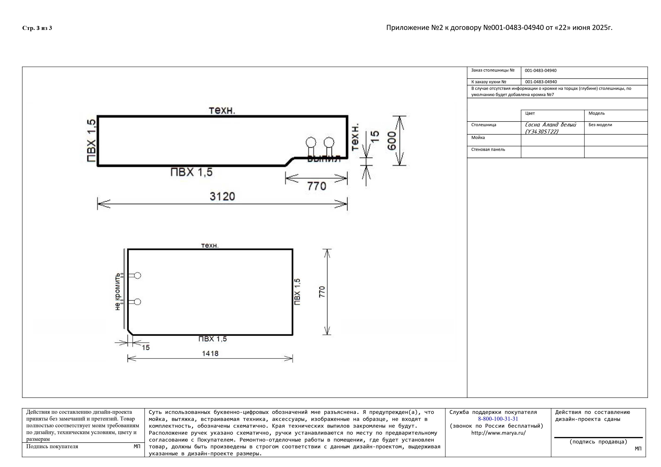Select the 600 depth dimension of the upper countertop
click(x=392, y=141)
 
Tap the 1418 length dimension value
click(x=210, y=353)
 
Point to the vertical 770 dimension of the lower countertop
click(x=322, y=292)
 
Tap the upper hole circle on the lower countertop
click(x=138, y=275)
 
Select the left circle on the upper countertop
click(x=311, y=142)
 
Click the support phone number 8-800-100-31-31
click(x=498, y=419)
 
